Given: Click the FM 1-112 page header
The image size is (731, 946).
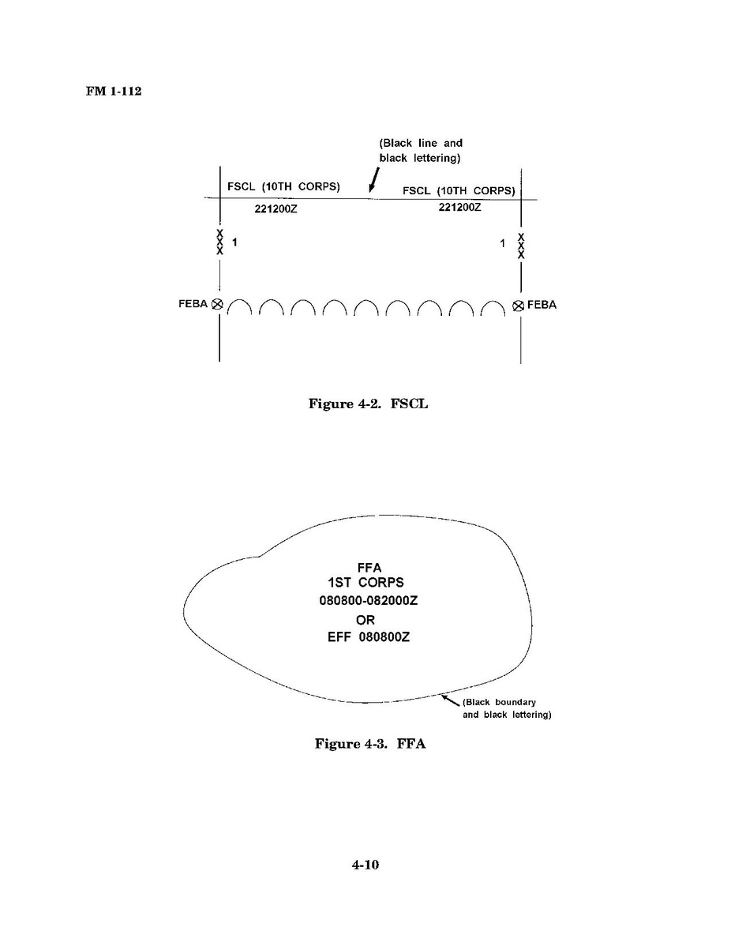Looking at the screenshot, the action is [114, 91].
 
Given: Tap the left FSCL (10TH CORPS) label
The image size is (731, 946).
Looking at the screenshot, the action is [283, 186].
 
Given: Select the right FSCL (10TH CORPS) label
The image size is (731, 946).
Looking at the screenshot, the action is [459, 190].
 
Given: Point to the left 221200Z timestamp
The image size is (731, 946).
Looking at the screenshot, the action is [276, 209].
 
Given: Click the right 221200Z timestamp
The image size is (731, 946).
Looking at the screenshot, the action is [459, 207].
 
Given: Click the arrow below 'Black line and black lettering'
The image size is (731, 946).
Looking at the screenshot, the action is [374, 180].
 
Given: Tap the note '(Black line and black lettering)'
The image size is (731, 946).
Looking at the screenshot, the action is [421, 150].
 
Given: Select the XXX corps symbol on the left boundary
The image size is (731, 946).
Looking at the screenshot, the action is [219, 242].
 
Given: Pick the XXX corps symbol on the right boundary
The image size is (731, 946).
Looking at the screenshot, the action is [521, 246].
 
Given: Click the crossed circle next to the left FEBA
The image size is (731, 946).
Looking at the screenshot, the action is [217, 304].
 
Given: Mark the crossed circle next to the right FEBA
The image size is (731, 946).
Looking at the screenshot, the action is [518, 306].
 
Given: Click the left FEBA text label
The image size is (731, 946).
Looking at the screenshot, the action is [193, 304].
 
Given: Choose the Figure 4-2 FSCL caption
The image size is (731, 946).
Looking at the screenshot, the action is [369, 404].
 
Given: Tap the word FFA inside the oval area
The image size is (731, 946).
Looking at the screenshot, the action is [369, 568].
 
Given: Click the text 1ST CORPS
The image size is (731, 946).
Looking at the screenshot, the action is [365, 583].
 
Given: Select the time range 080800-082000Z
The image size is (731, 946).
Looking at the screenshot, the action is [369, 601].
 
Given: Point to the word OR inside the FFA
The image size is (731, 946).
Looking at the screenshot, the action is [365, 620].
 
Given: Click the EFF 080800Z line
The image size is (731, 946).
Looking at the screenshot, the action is [369, 637].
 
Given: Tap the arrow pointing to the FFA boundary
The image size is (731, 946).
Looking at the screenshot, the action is [451, 700].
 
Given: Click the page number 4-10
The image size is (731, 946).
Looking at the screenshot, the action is [365, 865].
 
